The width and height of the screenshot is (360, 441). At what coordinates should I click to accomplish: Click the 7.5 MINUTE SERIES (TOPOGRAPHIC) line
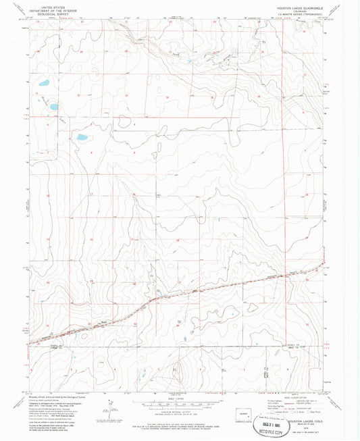(301, 16)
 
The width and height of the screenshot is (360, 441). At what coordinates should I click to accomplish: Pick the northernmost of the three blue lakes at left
(44, 84)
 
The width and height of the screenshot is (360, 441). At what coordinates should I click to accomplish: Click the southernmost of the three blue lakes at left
(82, 137)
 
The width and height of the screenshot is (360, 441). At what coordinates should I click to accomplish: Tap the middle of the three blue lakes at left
(53, 107)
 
